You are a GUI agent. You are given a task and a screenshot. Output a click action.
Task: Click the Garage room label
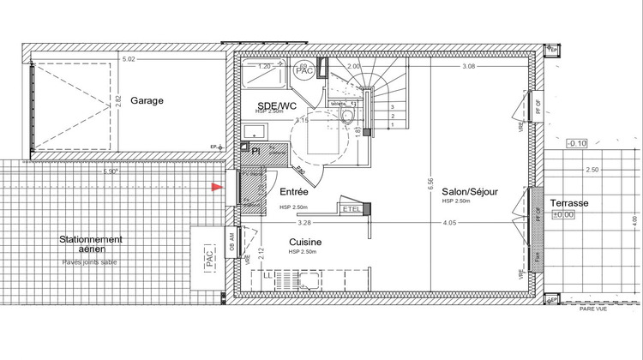pos(147,101)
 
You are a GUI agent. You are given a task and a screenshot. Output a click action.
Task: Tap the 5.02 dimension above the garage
pos(129,60)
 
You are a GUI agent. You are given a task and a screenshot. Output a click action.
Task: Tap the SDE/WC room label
pos(276,105)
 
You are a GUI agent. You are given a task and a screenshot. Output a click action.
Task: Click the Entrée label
pos(294,192)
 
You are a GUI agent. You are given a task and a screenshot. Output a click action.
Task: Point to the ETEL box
pos(350,208)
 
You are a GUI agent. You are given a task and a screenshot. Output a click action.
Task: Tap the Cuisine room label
pos(305,243)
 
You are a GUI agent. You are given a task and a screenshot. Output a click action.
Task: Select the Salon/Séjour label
pos(471,192)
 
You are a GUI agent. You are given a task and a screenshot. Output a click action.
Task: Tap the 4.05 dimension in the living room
pos(473,223)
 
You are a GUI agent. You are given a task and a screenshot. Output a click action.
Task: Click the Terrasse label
pos(568,203)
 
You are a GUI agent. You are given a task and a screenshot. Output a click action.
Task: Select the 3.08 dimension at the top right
pos(468,67)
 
